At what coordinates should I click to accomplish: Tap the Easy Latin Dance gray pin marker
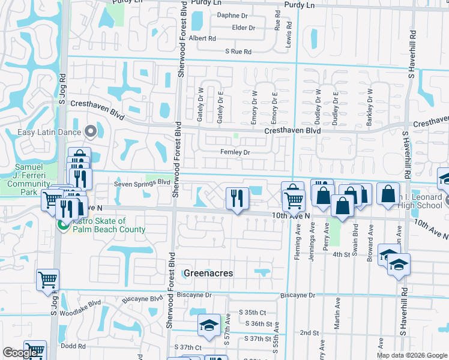(x=91, y=131)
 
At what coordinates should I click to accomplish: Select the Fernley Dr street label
(x=234, y=152)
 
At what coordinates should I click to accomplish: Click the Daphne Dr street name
(x=232, y=16)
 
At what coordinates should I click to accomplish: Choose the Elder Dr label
(x=243, y=28)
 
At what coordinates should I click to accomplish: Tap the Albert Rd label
(x=202, y=38)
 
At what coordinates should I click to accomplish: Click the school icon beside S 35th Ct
(x=208, y=324)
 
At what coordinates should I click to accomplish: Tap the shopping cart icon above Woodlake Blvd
(x=47, y=279)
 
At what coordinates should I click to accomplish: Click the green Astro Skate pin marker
(x=61, y=225)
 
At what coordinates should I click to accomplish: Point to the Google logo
(x=19, y=353)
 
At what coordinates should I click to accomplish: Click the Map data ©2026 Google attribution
(x=411, y=355)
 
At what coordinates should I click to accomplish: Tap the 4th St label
(x=342, y=254)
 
